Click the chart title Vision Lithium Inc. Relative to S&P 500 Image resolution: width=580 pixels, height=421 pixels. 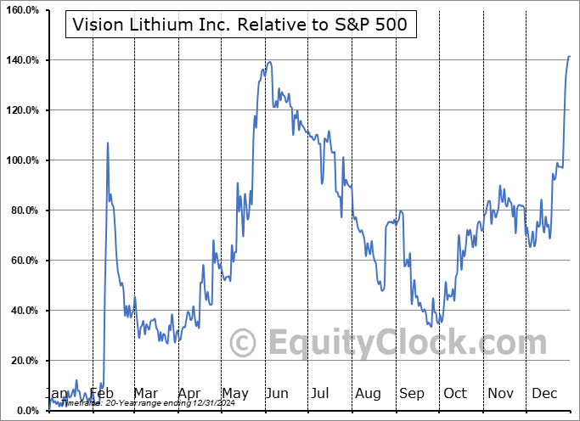(x=241, y=25)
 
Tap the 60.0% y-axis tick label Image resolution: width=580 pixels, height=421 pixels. (x=23, y=261)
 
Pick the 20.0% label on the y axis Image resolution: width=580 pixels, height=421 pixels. (x=23, y=361)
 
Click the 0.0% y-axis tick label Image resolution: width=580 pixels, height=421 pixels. (x=25, y=411)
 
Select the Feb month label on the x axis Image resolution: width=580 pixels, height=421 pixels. (x=102, y=394)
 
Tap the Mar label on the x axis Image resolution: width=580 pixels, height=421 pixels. (x=145, y=394)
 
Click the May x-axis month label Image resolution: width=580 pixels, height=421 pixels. (x=234, y=394)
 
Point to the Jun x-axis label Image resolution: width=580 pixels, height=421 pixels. (x=278, y=394)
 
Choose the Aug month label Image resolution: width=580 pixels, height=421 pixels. (x=368, y=394)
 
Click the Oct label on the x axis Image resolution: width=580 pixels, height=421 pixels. (x=455, y=394)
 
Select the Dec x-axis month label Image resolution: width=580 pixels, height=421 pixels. (x=544, y=394)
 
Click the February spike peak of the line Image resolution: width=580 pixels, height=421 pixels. (x=108, y=143)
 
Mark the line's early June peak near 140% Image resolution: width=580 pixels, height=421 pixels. (x=269, y=62)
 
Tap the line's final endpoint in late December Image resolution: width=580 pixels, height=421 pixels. (x=570, y=57)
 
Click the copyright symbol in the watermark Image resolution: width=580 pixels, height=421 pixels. (x=243, y=344)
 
